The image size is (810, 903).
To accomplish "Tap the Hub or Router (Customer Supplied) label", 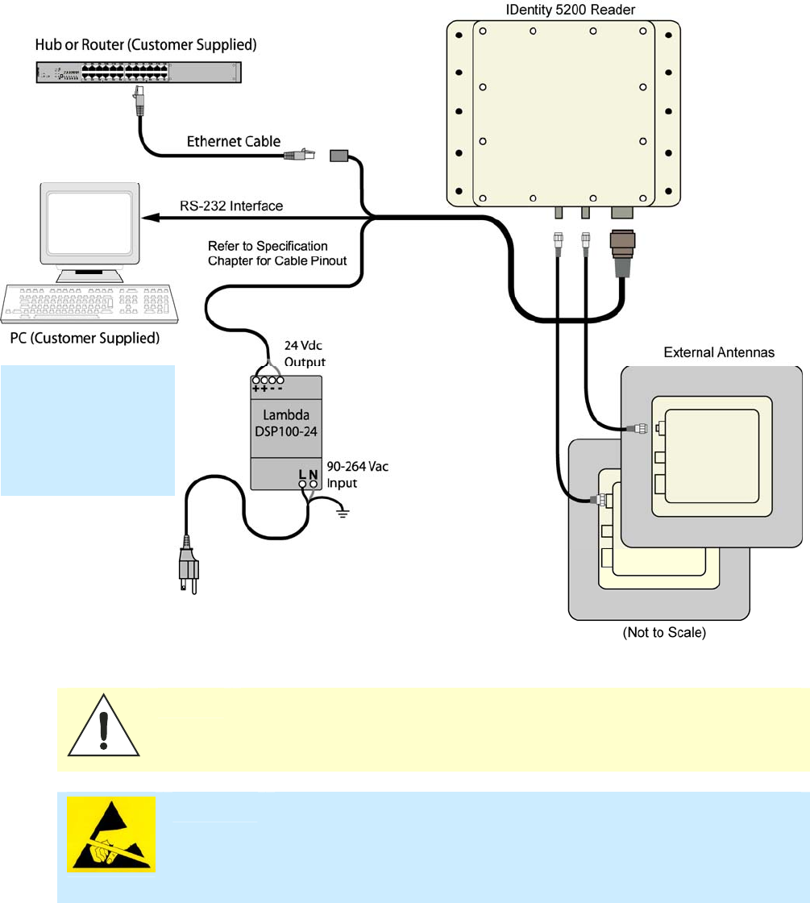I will pos(146,45).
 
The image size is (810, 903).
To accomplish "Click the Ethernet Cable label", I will pos(234,142).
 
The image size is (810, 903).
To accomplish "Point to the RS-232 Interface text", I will pos(231,206).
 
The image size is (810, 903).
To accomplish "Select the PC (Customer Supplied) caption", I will pos(85,337).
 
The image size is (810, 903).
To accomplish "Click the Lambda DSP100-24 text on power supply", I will pos(281,425).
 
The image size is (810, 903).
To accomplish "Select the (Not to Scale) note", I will pos(664,633).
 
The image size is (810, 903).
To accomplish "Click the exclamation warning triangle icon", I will pos(103,730).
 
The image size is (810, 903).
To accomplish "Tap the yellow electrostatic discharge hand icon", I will pos(111,834).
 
